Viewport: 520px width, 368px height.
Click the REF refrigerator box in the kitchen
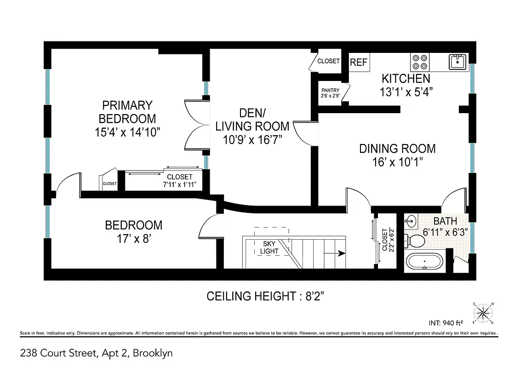tap(359, 63)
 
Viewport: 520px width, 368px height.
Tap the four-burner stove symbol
tap(419, 62)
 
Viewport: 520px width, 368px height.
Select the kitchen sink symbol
tap(457, 61)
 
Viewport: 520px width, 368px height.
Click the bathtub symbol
tap(425, 262)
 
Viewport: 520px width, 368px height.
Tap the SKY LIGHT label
tap(270, 247)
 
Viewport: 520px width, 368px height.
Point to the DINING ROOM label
tap(397, 149)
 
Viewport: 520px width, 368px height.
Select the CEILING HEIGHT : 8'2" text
tap(269, 296)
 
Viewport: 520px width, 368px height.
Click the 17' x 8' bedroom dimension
tap(134, 239)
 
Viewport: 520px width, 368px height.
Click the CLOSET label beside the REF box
tap(328, 61)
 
